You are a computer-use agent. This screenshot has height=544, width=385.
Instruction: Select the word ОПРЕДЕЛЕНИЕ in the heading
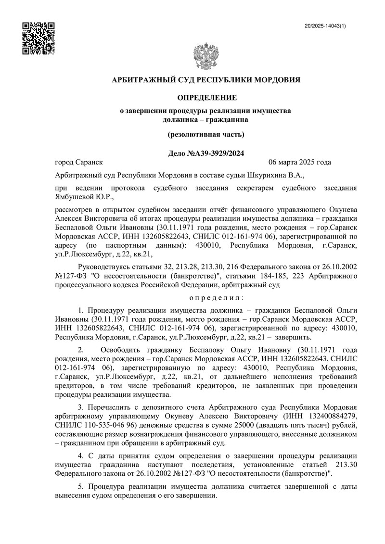tap(207, 98)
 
